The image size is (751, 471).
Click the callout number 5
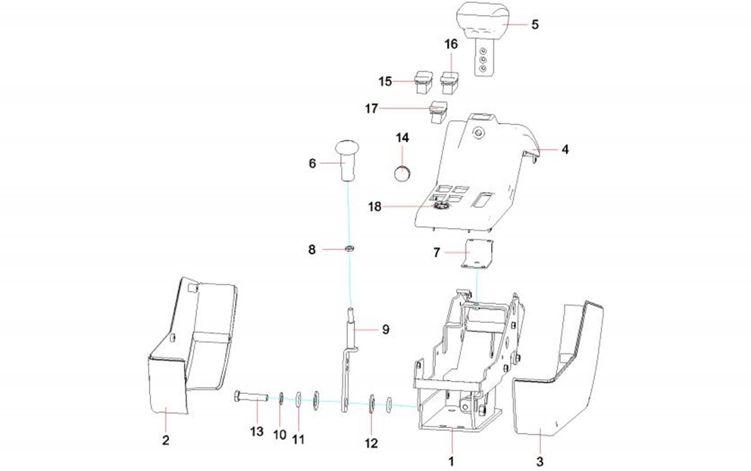pos(534,24)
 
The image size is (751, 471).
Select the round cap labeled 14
pos(403,173)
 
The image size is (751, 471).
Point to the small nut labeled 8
pos(349,249)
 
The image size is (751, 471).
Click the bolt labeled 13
pos(250,396)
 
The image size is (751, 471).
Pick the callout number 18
pos(374,207)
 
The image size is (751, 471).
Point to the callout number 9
pos(386,329)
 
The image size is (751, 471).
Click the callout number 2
pos(165,440)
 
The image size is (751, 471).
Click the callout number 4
pos(565,150)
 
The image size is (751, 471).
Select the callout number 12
pos(371,444)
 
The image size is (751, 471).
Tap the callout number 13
pos(257,431)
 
